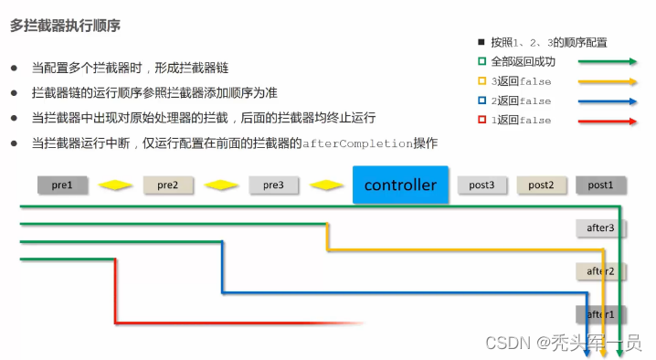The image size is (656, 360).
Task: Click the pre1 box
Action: tap(63, 185)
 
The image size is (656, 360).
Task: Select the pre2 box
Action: tap(168, 185)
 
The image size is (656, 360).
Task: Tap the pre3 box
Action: tap(273, 185)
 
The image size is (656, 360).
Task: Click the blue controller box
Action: tap(400, 185)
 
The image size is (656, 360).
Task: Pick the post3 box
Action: tap(482, 185)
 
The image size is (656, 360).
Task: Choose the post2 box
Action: tap(541, 185)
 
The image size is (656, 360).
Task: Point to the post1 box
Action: tap(600, 185)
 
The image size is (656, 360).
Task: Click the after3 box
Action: tap(600, 228)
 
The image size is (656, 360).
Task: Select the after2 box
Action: tap(600, 271)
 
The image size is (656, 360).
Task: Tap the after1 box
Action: tap(600, 314)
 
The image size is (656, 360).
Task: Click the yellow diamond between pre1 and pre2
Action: tap(116, 185)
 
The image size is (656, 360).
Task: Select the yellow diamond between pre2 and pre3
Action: tap(221, 185)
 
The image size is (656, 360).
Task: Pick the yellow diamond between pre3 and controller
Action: tap(326, 185)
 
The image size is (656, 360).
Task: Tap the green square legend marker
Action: tap(481, 62)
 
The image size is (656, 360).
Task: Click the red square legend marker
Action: tap(481, 120)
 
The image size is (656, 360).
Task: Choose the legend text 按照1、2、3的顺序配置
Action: tap(549, 42)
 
